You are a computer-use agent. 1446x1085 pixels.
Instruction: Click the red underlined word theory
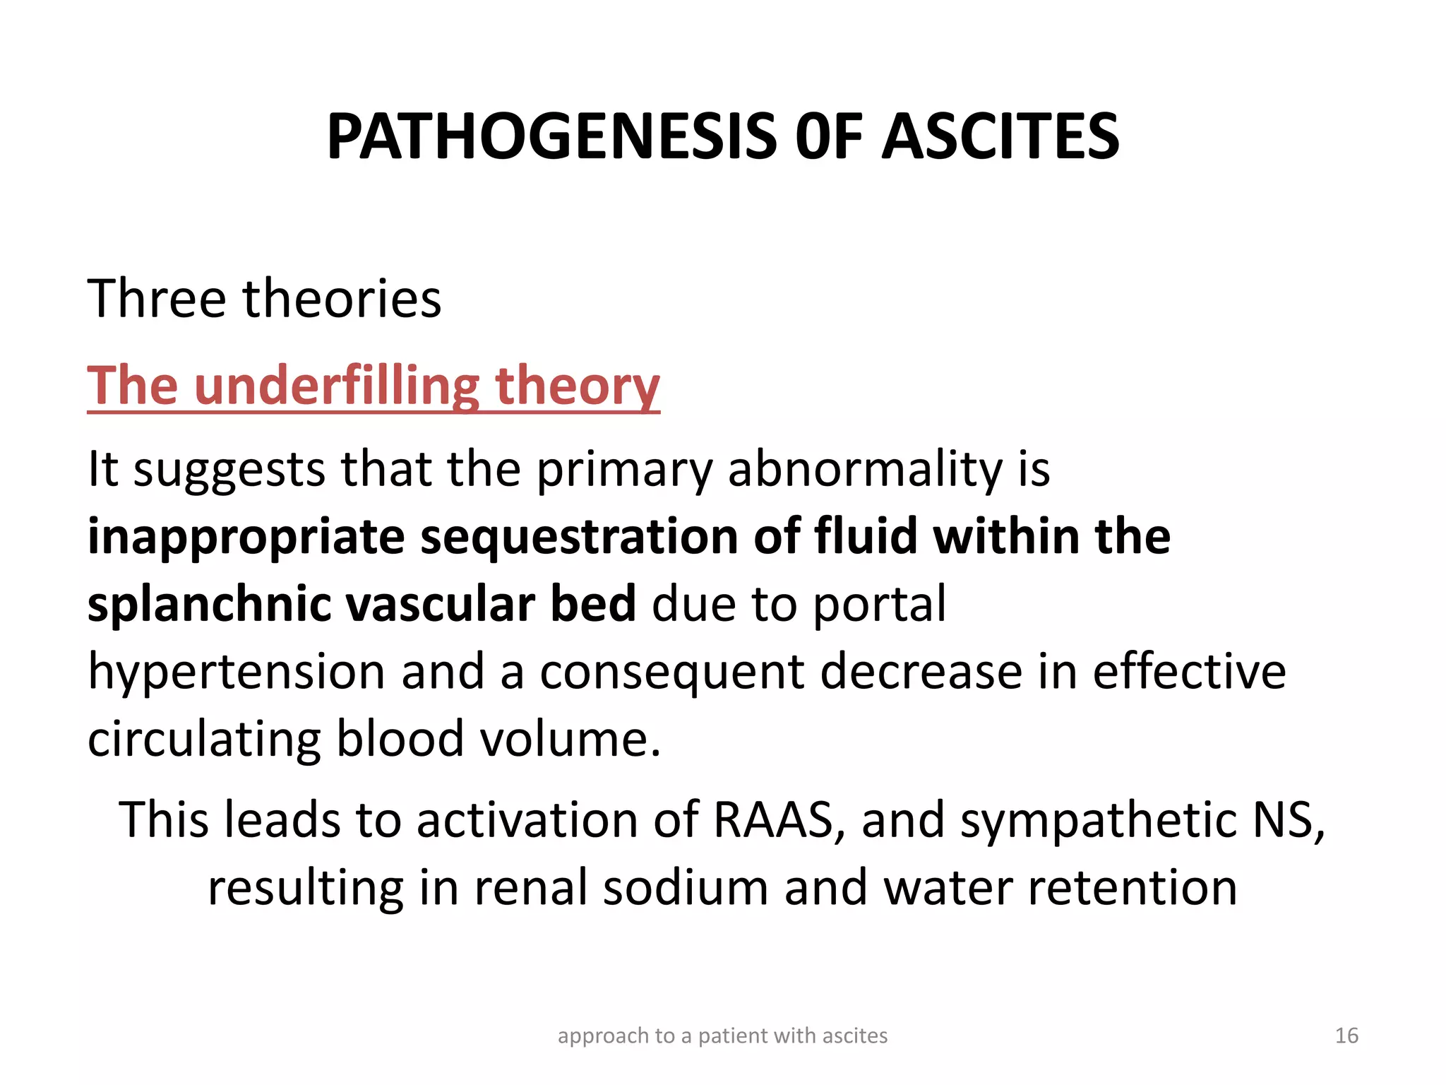coord(577,386)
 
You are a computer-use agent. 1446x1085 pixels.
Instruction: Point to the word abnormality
coord(865,469)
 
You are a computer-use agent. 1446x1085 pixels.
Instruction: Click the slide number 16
coord(1346,1036)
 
